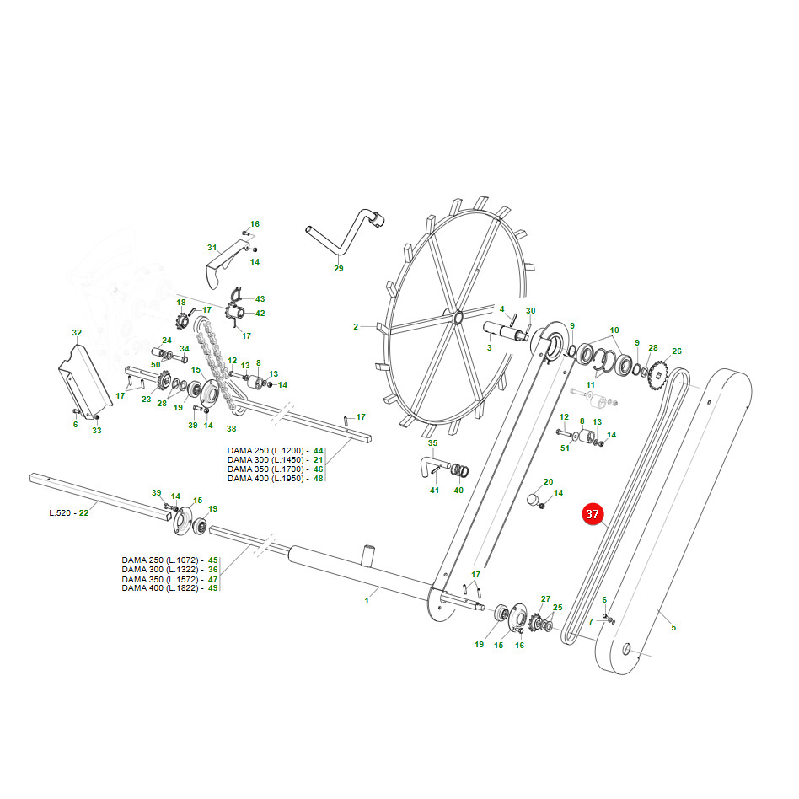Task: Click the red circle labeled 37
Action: pos(593,513)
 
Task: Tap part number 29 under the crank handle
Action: pos(339,269)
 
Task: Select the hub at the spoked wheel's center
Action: pos(456,318)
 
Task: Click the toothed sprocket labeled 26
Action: pos(659,377)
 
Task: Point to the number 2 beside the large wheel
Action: pos(356,327)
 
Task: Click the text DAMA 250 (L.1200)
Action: pos(265,450)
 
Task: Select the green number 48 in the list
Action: pos(319,479)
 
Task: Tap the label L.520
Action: pos(60,512)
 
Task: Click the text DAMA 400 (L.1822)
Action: pos(160,588)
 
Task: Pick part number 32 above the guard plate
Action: pos(77,333)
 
